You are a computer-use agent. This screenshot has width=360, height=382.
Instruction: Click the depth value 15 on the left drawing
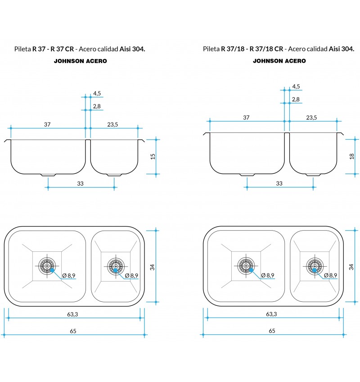153,156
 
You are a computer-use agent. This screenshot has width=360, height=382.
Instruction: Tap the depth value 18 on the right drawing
352,156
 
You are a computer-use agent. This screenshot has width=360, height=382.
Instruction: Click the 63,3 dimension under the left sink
72,314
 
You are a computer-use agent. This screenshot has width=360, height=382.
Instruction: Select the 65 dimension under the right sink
272,331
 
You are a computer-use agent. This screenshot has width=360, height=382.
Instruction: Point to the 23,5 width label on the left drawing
112,124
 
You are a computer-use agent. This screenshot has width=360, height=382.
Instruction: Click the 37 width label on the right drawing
246,118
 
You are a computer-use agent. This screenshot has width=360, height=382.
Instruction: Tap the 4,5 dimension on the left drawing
97,93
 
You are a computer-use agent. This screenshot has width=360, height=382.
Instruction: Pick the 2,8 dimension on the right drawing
296,99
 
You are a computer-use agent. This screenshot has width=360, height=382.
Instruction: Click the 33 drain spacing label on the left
80,183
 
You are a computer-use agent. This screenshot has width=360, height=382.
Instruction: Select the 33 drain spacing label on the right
279,183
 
